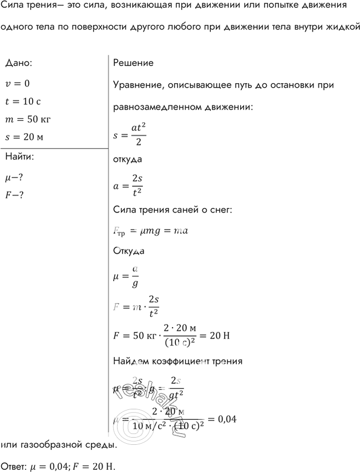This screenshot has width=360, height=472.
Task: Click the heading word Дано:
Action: (x=19, y=64)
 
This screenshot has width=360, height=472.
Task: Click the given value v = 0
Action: (x=18, y=83)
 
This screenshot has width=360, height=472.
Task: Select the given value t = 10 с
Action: (x=23, y=101)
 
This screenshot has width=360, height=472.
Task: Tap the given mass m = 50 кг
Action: (x=28, y=119)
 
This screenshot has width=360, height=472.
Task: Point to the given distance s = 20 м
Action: (x=25, y=137)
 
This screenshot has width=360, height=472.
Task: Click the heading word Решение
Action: (x=133, y=64)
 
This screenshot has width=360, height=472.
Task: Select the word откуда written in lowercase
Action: (x=127, y=160)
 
